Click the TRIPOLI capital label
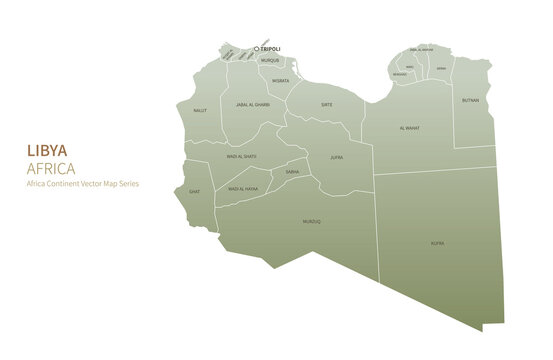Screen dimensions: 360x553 click(x=270, y=48)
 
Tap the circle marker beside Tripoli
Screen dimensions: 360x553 click(x=256, y=48)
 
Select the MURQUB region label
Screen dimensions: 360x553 click(x=270, y=60)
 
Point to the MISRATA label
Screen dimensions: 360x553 click(x=281, y=80)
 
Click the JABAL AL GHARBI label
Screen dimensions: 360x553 click(x=253, y=104)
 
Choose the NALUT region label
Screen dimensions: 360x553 click(x=200, y=110)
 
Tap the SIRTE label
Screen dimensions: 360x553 click(x=326, y=104)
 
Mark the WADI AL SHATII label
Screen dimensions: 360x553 click(x=242, y=156)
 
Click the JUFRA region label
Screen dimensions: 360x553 click(x=337, y=157)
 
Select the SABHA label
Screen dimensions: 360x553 click(x=292, y=172)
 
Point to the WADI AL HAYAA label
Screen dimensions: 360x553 click(x=243, y=188)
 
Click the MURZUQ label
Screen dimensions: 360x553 click(x=312, y=222)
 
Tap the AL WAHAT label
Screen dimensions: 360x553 click(x=410, y=128)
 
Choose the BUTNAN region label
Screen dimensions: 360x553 click(x=470, y=100)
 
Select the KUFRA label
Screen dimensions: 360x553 click(x=437, y=243)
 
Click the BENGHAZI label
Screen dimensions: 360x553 click(x=400, y=74)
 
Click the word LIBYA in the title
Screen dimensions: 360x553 click(x=47, y=150)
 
